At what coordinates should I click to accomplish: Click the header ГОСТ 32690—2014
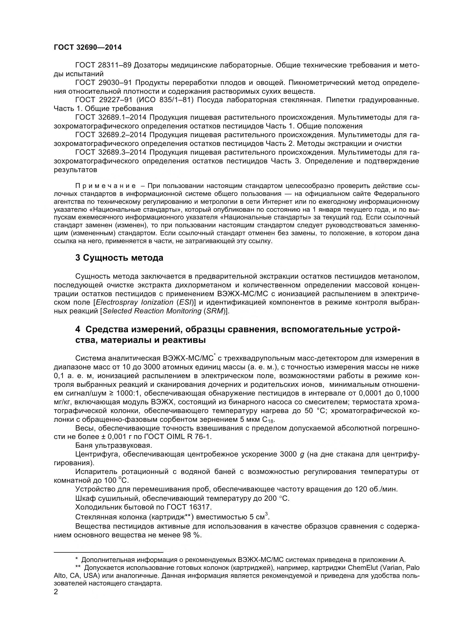coord(88,47)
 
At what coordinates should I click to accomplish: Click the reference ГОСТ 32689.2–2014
coord(111,135)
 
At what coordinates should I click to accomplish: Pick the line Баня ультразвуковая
coord(114,446)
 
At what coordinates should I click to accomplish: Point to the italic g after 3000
coord(302,455)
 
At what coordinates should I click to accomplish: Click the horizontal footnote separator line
coord(108,552)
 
